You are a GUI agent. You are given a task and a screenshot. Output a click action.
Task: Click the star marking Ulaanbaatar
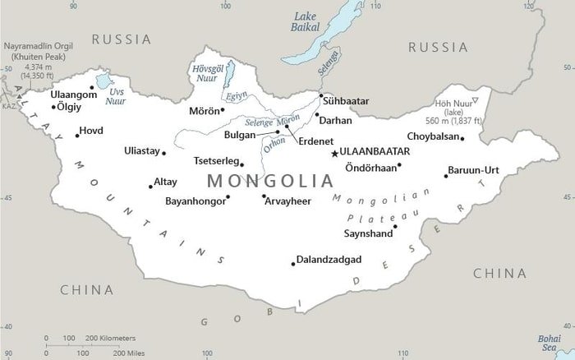tap(334, 154)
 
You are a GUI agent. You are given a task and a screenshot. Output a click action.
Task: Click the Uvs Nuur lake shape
tap(103, 81)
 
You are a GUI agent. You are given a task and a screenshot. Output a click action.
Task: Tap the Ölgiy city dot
tap(54, 107)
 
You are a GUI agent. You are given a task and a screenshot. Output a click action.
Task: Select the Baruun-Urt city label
tap(473, 170)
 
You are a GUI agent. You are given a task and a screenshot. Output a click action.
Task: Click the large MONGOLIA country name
tap(270, 181)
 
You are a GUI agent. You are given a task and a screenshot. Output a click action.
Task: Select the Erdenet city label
tap(315, 141)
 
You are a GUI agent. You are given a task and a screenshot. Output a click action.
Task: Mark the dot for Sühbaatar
tap(320, 96)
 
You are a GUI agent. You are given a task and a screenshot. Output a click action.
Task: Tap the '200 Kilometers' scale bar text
tap(111, 338)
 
